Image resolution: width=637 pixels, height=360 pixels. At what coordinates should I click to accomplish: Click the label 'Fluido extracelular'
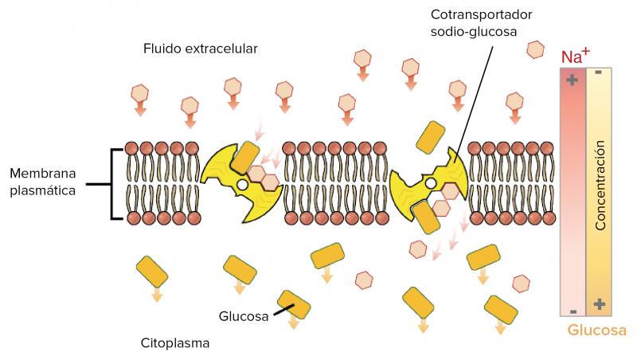(201, 49)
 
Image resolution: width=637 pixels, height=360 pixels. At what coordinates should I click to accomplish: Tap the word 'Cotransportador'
(482, 14)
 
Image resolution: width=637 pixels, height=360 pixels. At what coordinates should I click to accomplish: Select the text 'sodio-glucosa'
(474, 32)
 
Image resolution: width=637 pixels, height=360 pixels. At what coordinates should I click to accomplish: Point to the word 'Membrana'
(43, 174)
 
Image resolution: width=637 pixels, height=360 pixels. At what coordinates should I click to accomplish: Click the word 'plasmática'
(43, 190)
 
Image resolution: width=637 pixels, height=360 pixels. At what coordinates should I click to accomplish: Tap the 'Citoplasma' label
(175, 343)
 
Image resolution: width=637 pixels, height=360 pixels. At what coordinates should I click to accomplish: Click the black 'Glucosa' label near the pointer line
(244, 316)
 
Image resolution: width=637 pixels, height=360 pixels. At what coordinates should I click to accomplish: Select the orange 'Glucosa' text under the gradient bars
(596, 330)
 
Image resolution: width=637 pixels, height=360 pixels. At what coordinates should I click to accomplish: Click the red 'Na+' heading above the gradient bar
(575, 56)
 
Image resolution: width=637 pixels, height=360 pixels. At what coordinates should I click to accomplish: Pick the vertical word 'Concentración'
(600, 186)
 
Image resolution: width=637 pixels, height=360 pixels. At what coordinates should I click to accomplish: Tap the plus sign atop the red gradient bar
(572, 80)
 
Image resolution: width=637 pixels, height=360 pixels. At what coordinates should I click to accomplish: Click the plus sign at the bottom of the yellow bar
(600, 303)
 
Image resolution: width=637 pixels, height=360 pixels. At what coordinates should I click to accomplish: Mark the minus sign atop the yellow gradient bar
(599, 72)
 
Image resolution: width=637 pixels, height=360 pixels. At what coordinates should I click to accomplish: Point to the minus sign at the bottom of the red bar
(573, 311)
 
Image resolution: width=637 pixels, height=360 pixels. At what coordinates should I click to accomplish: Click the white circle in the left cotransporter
(243, 185)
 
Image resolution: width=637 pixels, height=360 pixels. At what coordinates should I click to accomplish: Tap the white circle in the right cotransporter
(431, 185)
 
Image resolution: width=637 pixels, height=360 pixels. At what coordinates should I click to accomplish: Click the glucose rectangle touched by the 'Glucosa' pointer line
(294, 304)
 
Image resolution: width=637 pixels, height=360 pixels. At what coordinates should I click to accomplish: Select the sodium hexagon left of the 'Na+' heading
(535, 49)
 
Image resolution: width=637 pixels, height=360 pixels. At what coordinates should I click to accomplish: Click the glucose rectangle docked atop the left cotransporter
(245, 158)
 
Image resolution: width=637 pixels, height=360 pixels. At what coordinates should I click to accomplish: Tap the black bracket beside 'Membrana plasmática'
(111, 184)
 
